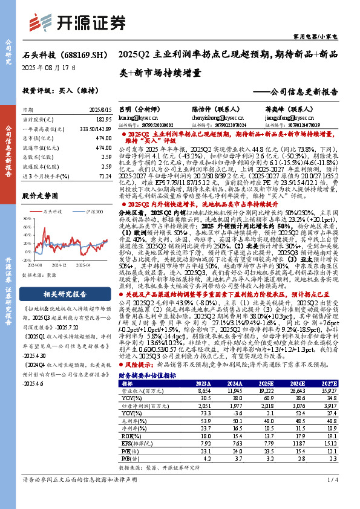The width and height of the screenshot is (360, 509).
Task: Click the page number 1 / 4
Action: coord(332,498)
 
